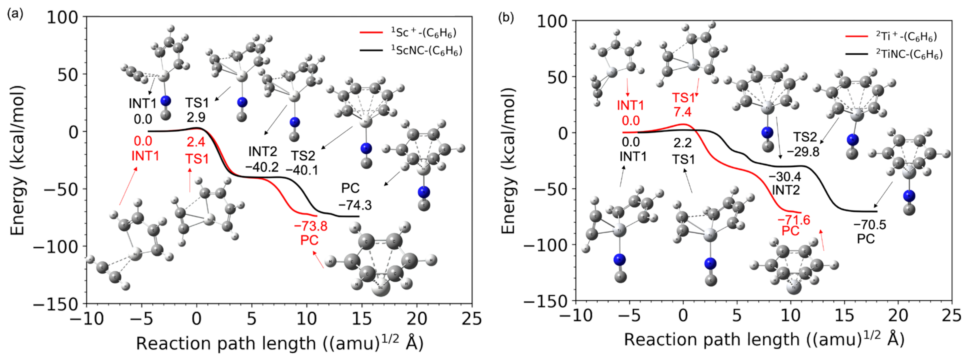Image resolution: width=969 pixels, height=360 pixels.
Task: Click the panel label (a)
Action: [15, 14]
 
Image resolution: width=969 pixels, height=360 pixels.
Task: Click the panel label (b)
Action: [505, 17]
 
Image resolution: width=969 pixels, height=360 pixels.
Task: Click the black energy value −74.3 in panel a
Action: [355, 205]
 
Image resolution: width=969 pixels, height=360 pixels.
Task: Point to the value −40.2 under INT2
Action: [262, 167]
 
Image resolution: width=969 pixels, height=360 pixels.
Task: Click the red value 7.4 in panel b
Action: [682, 112]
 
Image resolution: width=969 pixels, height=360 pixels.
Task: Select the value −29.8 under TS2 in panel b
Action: [803, 152]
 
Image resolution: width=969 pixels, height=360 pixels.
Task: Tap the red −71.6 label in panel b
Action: [794, 220]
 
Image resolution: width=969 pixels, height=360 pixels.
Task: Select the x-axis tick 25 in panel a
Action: [472, 319]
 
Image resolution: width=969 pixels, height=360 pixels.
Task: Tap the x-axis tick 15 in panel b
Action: [844, 315]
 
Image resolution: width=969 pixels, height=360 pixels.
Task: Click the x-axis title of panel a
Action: [279, 343]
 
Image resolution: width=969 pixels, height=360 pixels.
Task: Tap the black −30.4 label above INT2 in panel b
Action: [785, 176]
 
